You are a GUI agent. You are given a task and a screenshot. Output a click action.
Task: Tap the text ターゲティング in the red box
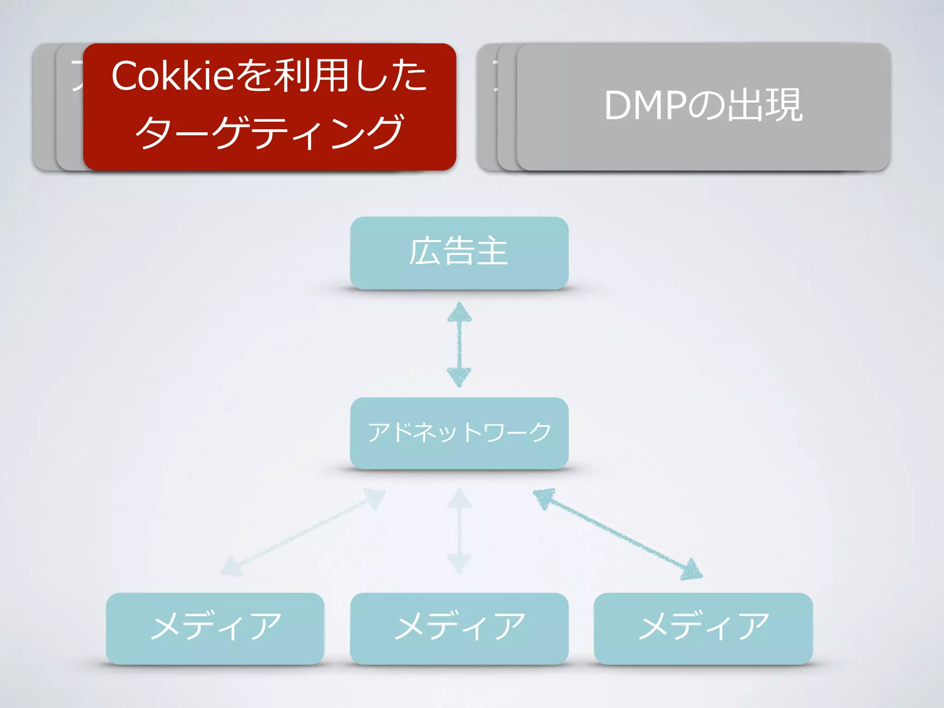[x=270, y=133]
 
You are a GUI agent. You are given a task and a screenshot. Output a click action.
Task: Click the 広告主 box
[x=459, y=253]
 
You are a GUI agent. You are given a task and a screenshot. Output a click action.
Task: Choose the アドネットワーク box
[x=459, y=433]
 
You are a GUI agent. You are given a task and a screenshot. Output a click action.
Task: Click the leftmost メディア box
[x=215, y=628]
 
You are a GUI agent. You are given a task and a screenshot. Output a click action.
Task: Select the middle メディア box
[x=459, y=628]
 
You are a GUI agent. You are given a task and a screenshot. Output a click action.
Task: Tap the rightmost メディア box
[x=703, y=628]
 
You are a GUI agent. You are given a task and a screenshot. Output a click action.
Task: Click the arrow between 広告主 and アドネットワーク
[x=459, y=345]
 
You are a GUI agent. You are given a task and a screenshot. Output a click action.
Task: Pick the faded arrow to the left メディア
[x=302, y=533]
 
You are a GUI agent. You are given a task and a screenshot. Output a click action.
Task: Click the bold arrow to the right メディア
[x=618, y=534]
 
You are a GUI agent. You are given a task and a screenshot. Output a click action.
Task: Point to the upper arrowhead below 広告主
[x=459, y=313]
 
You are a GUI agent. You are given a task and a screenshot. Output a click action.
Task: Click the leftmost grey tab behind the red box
[x=44, y=107]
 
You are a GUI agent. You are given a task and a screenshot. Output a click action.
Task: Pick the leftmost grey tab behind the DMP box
[x=487, y=107]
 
